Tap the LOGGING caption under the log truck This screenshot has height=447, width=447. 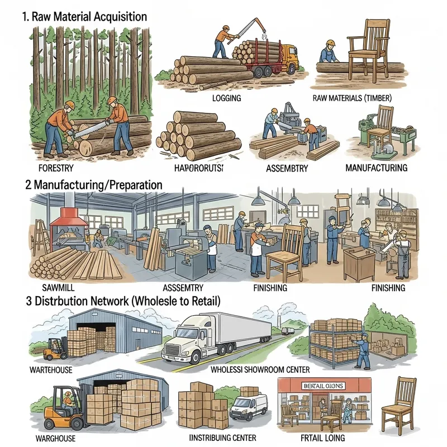click(226, 98)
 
